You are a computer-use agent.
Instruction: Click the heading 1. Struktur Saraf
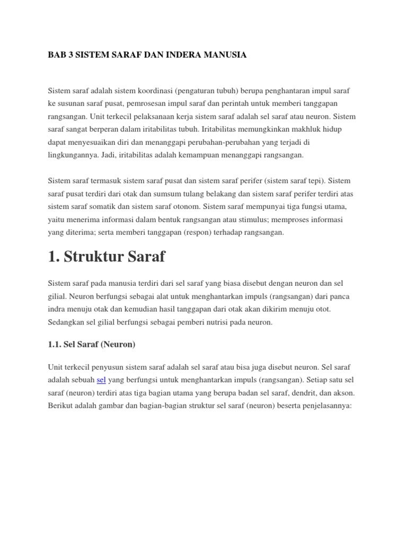pyautogui.click(x=107, y=257)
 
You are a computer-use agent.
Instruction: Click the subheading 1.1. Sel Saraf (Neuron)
pyautogui.click(x=92, y=344)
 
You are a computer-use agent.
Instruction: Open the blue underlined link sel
pyautogui.click(x=102, y=380)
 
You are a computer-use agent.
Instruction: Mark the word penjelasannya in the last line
pyautogui.click(x=321, y=406)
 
